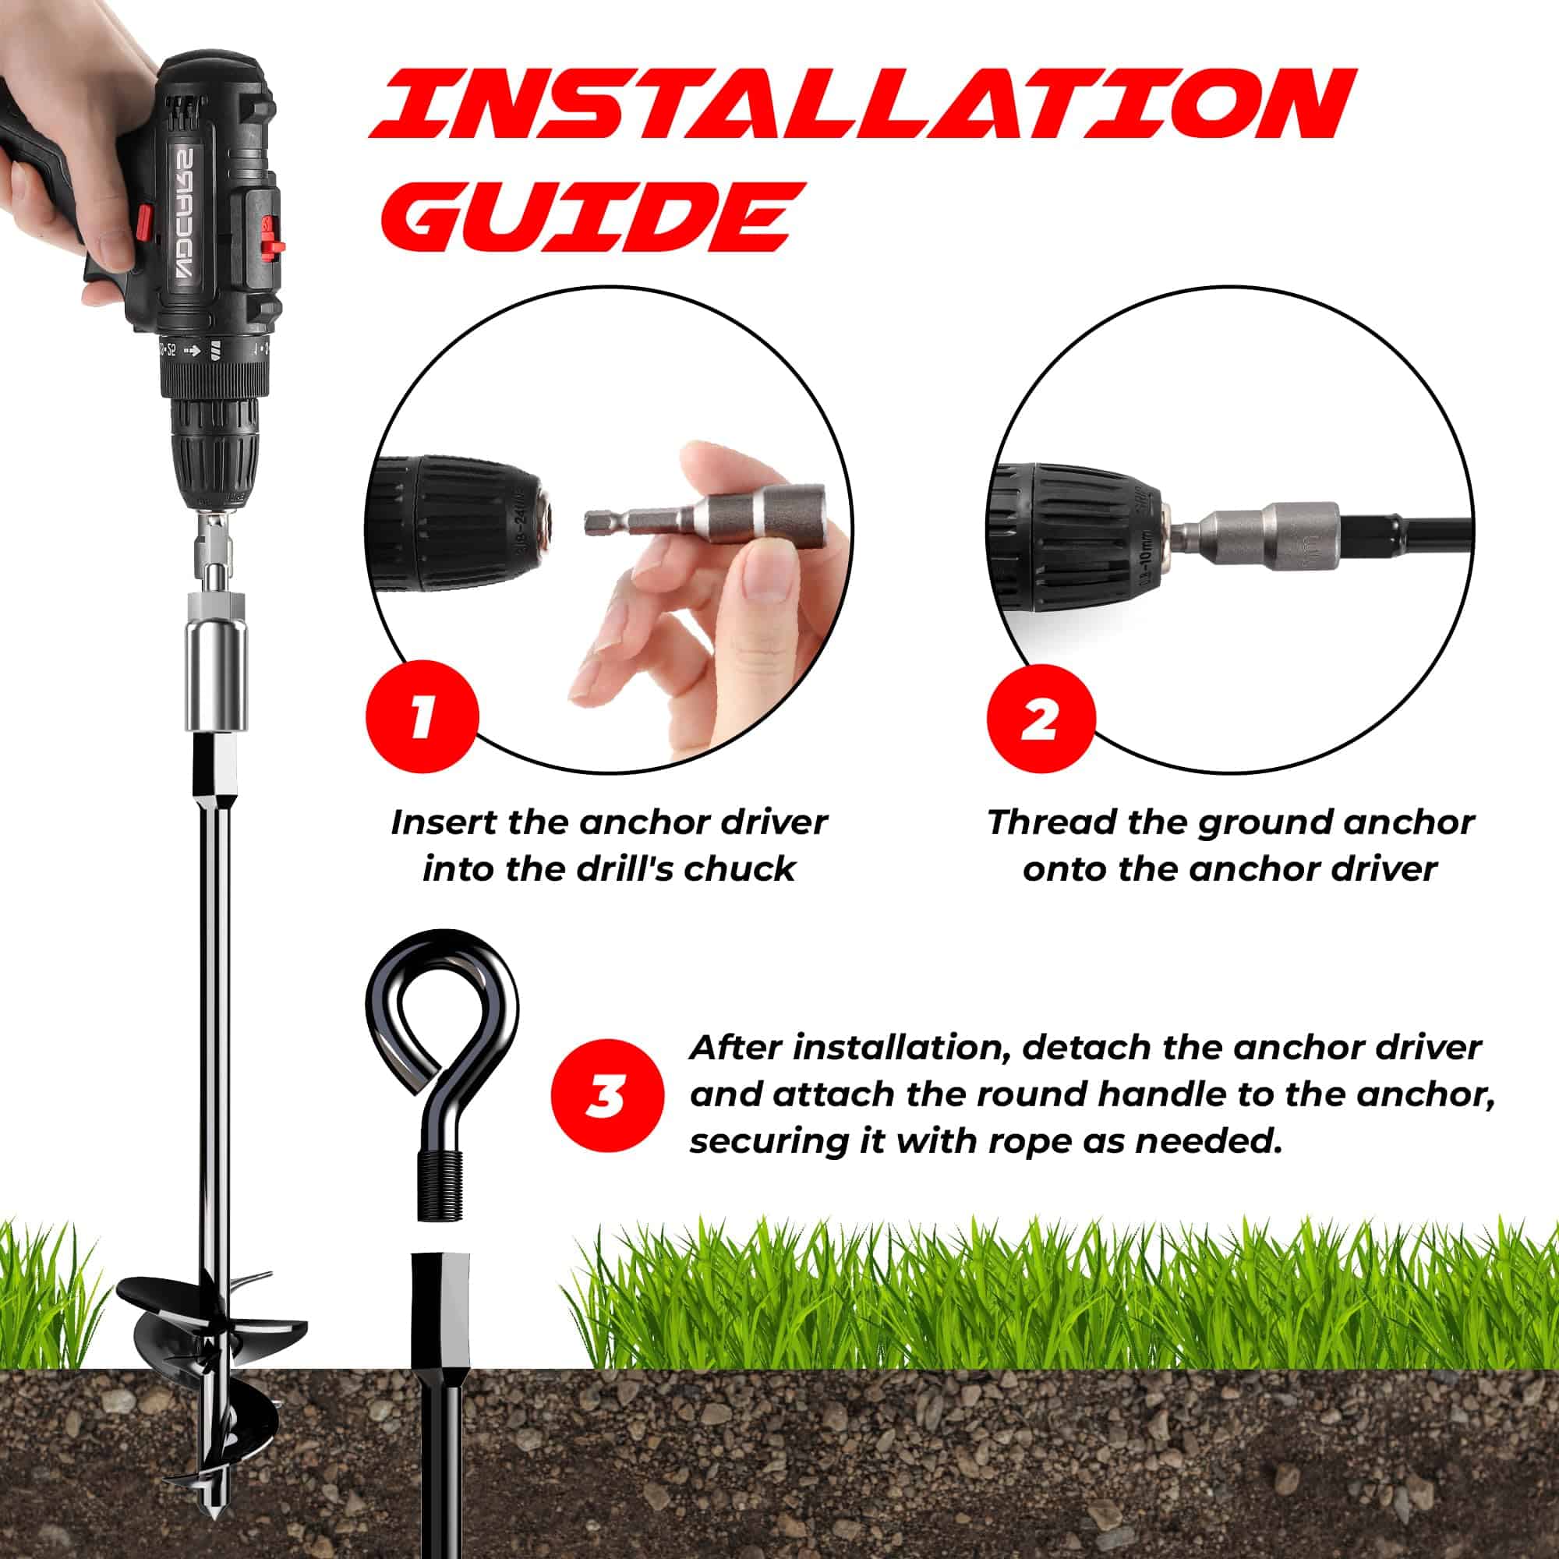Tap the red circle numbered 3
(x=609, y=1097)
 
